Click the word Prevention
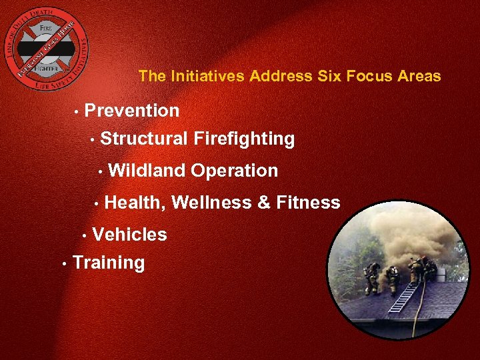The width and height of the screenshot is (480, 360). pyautogui.click(x=132, y=111)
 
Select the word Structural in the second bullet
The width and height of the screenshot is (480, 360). pyautogui.click(x=144, y=139)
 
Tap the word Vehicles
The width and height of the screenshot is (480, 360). pyautogui.click(x=129, y=235)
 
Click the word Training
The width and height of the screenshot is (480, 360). pyautogui.click(x=109, y=263)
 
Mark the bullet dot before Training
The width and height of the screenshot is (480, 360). pyautogui.click(x=63, y=264)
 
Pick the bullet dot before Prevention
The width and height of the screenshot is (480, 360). pyautogui.click(x=77, y=111)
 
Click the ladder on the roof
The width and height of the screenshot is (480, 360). pyautogui.click(x=403, y=297)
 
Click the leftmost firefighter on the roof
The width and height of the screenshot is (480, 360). pyautogui.click(x=371, y=277)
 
